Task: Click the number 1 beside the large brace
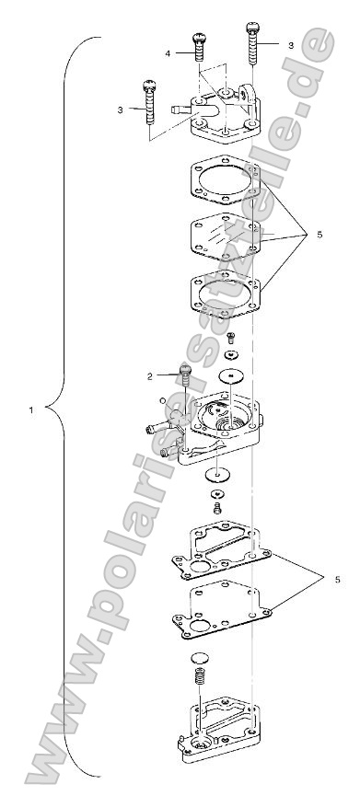tap(32, 409)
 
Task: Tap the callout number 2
tap(148, 376)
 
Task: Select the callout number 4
tap(168, 54)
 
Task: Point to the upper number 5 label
tap(319, 235)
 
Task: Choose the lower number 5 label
tap(338, 580)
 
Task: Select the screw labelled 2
tap(184, 375)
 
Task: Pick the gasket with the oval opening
tap(227, 294)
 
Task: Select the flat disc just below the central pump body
tap(218, 475)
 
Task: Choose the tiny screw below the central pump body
tap(218, 507)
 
